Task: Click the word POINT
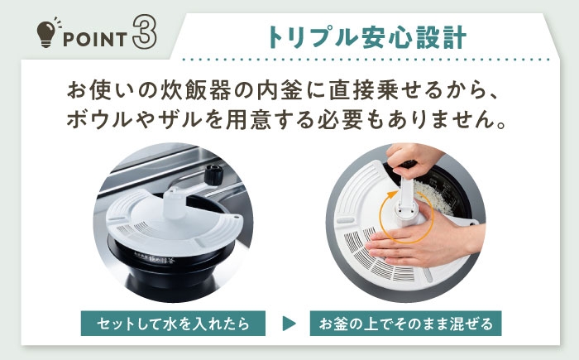click(95, 40)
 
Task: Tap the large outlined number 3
click(144, 31)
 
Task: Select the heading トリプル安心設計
click(367, 37)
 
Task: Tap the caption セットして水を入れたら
click(173, 324)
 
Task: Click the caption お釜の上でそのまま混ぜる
click(405, 324)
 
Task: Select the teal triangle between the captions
click(289, 324)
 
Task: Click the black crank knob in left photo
click(213, 174)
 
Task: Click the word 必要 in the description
click(342, 120)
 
